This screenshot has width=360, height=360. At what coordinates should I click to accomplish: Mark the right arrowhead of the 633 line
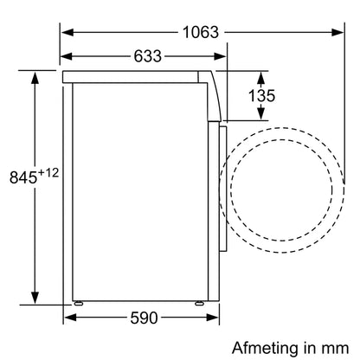pyautogui.click(x=219, y=59)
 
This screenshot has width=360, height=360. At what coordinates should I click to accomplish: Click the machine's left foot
pyautogui.click(x=80, y=302)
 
